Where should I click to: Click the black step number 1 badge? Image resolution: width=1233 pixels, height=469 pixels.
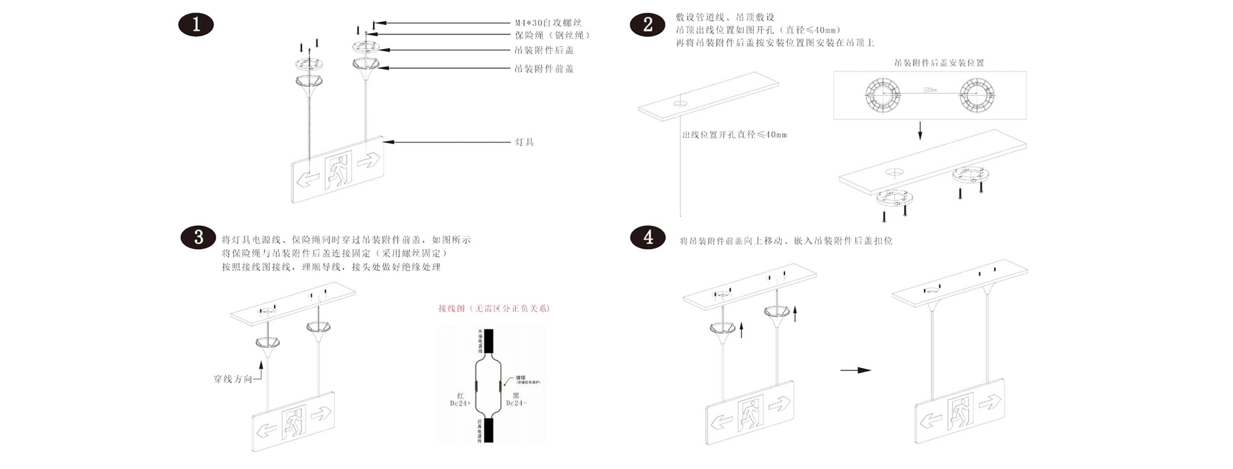[x=196, y=25]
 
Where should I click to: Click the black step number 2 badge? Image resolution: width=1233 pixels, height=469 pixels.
[x=648, y=25]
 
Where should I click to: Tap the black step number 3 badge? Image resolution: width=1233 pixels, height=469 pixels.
[x=198, y=237]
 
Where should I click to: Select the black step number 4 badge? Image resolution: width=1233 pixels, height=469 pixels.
[x=648, y=238]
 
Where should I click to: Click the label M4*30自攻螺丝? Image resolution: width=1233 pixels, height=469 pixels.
[x=548, y=23]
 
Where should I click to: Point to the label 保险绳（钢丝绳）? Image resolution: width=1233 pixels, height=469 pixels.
[x=552, y=36]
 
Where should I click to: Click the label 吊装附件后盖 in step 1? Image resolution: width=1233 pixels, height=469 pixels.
[x=544, y=50]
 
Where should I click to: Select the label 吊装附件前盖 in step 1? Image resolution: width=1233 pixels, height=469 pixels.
[x=544, y=69]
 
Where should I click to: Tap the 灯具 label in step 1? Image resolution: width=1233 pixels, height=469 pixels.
[x=524, y=142]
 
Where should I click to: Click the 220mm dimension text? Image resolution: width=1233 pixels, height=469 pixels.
[x=930, y=90]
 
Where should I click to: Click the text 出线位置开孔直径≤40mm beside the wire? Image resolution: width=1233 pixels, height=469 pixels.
[x=734, y=135]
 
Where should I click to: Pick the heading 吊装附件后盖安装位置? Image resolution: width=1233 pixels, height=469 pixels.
[x=939, y=63]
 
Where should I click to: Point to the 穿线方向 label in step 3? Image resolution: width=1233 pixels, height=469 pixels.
[x=233, y=379]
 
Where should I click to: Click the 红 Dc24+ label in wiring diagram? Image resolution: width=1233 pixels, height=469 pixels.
[x=460, y=399]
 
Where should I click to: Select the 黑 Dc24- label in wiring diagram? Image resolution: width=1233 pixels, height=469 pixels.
[x=516, y=399]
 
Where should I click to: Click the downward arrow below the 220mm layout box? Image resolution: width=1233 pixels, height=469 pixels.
[x=920, y=130]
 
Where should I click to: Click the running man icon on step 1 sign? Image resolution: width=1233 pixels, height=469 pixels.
[x=338, y=171]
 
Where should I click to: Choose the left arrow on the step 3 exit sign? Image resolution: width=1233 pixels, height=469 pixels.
[x=267, y=429]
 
